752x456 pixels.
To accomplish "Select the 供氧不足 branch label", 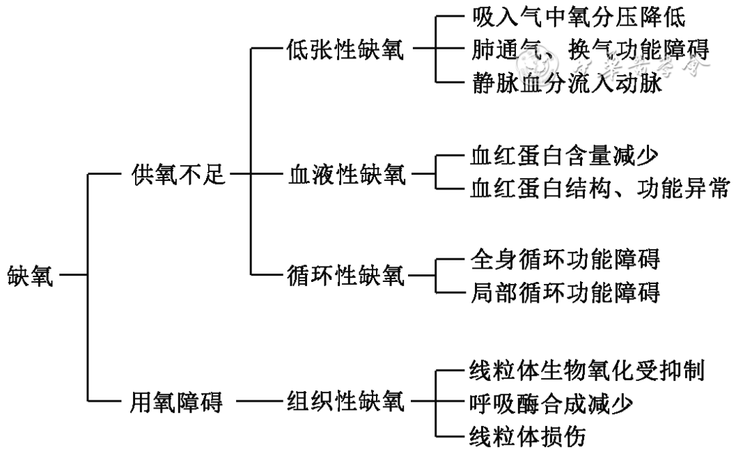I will (x=178, y=175).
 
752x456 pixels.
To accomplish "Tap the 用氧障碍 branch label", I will (x=178, y=401).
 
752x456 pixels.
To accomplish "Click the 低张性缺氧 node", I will (x=345, y=50).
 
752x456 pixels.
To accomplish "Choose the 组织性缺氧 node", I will (x=345, y=401).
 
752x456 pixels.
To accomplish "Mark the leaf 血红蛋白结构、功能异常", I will (x=599, y=189).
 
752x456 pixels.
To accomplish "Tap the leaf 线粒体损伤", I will (x=532, y=436).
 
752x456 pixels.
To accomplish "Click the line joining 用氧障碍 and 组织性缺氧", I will (x=260, y=401).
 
